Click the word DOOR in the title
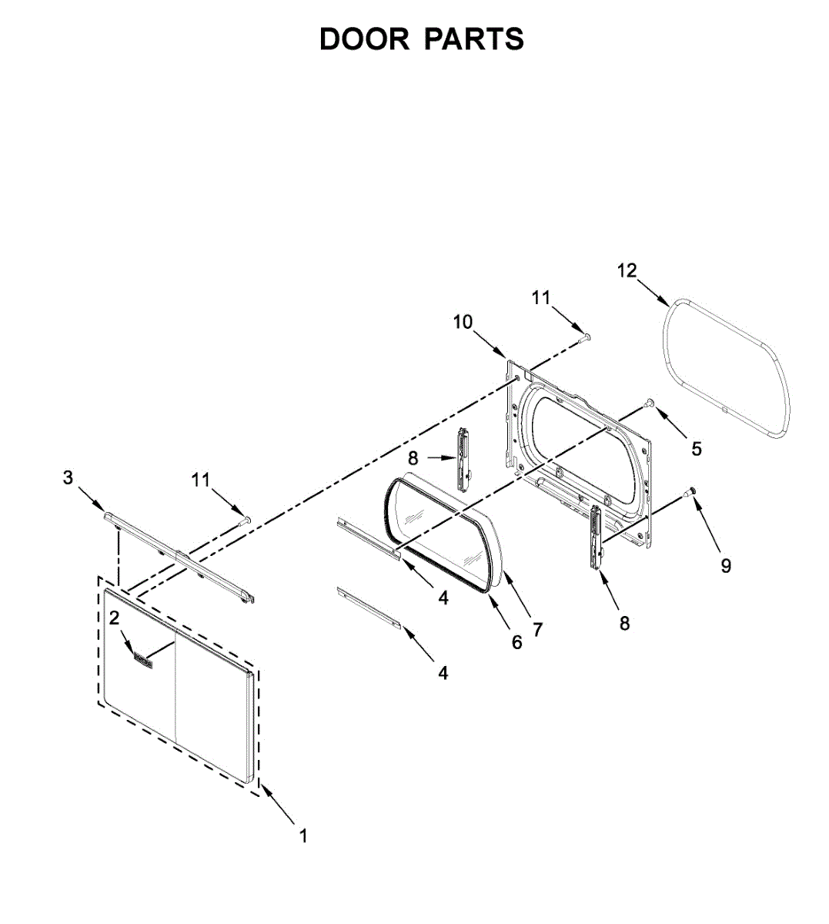(x=364, y=39)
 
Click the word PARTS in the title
(x=473, y=39)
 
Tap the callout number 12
(x=627, y=270)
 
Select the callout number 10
(x=463, y=322)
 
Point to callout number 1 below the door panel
(x=303, y=835)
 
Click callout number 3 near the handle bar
(x=68, y=478)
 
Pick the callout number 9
(x=726, y=566)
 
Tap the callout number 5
(x=697, y=448)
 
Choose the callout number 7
(x=537, y=630)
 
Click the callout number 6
(x=516, y=642)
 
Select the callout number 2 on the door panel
(x=114, y=618)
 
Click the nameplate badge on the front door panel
(x=143, y=659)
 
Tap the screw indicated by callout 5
(x=649, y=403)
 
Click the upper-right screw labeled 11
(x=584, y=336)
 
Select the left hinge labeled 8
(x=463, y=459)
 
